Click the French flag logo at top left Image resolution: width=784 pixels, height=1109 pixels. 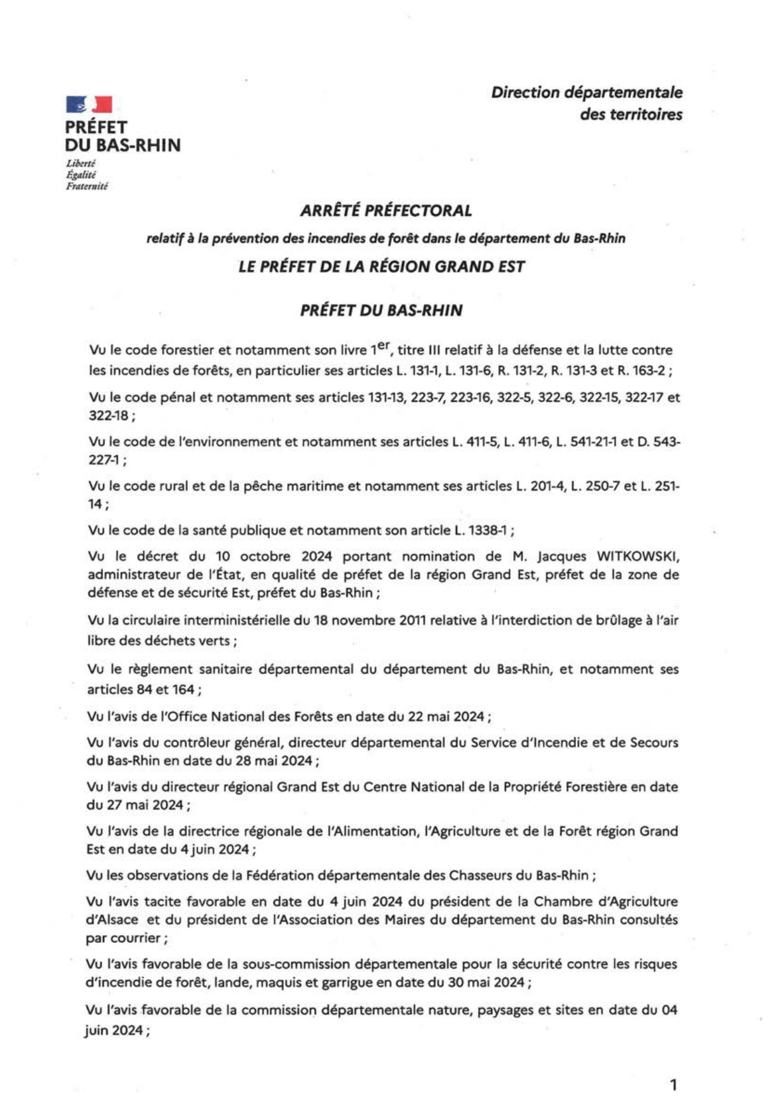pyautogui.click(x=89, y=104)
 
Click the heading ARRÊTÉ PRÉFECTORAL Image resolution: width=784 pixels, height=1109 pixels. pyautogui.click(x=386, y=210)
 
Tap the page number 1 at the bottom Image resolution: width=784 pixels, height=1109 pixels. pyautogui.click(x=673, y=1085)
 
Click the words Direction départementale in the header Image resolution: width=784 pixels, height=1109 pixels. pyautogui.click(x=587, y=92)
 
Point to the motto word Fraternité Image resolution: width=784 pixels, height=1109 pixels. pyautogui.click(x=87, y=186)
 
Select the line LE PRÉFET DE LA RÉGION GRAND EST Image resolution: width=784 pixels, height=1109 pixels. pyautogui.click(x=381, y=267)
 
